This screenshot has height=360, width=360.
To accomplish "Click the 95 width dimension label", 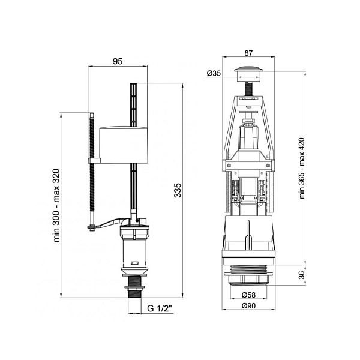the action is point(118,61).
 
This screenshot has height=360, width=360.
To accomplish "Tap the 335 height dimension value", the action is point(178,190).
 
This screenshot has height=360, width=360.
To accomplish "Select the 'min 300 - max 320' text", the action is point(56,205).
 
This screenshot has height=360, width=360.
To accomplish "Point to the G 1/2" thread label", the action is point(160,308).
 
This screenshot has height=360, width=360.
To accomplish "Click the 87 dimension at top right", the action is point(248,53).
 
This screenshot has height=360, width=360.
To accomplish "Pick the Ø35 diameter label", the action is point(214,73).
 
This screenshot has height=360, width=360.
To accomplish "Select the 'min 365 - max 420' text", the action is point(302,168).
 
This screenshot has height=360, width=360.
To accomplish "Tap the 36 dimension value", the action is point(301,275).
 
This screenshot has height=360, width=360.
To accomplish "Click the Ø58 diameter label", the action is point(248,295).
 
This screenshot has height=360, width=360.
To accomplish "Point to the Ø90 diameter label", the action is point(248,306).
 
